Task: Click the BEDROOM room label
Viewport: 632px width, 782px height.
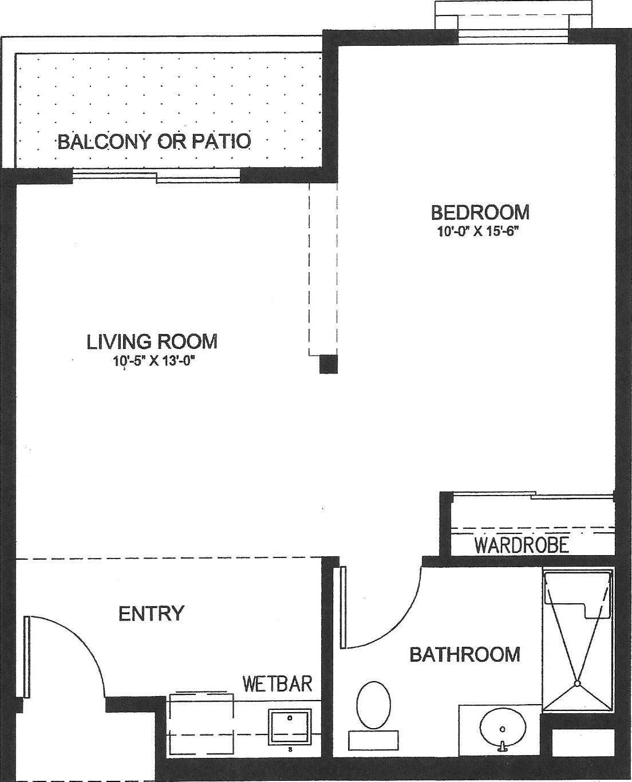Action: [480, 212]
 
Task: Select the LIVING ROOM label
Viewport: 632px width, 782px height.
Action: [152, 341]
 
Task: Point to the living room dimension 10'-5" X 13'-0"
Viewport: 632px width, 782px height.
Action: [153, 361]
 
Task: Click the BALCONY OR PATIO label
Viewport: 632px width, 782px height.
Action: [155, 142]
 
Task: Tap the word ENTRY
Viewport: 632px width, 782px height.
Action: [151, 613]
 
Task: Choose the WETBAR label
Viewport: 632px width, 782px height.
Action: [277, 683]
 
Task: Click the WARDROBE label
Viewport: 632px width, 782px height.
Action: [522, 545]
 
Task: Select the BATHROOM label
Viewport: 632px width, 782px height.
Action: [465, 654]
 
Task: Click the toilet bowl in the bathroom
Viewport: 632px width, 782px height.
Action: [373, 705]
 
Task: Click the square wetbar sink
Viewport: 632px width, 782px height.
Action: [290, 727]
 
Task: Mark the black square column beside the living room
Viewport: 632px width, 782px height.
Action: [328, 364]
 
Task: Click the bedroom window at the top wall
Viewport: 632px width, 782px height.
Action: [513, 36]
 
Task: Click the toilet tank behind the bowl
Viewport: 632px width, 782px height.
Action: [373, 740]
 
